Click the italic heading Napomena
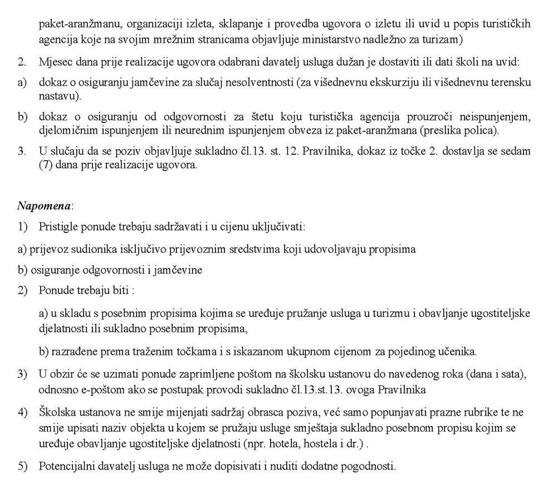45,206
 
